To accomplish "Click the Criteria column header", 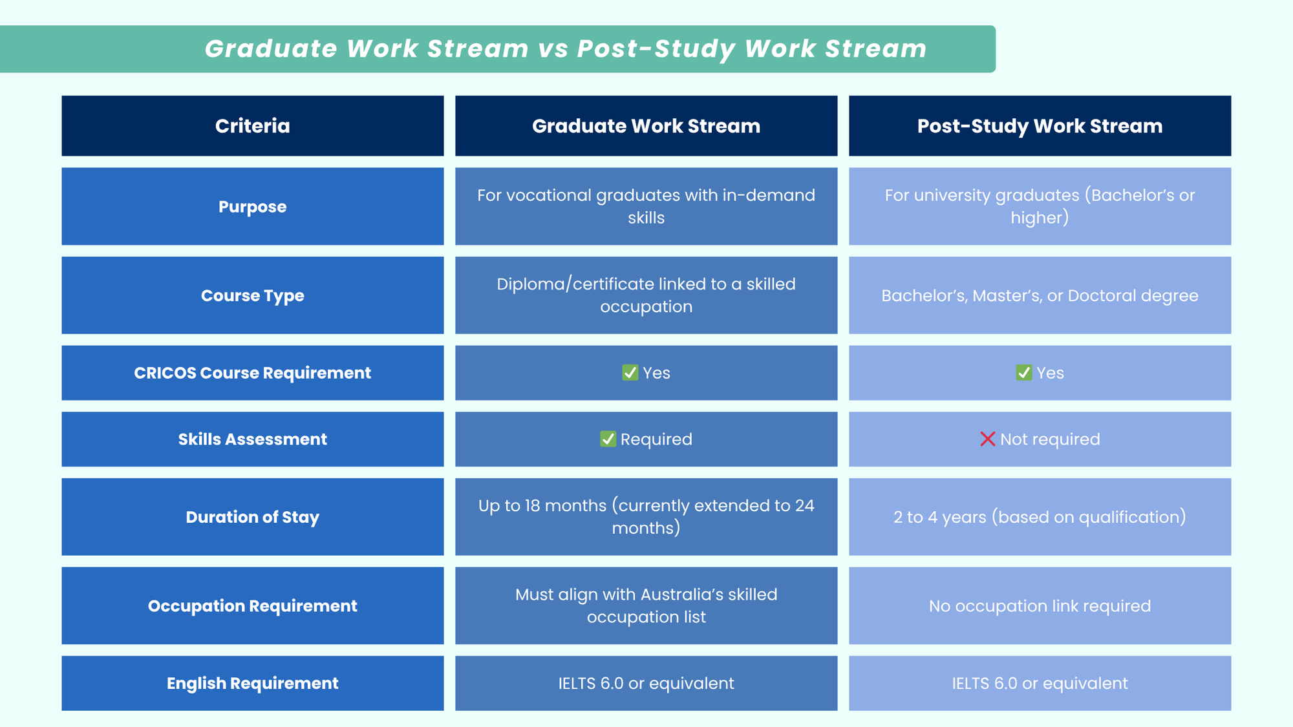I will [252, 126].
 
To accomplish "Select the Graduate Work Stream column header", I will [646, 126].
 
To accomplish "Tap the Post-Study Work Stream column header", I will [1040, 126].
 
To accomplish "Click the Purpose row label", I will [252, 207].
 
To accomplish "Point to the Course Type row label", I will [252, 295].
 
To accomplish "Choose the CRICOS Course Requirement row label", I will [252, 373].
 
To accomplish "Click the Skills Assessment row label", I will [252, 439].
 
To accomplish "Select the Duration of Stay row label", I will [252, 517].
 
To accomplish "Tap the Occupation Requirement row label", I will [252, 606].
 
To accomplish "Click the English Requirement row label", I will [252, 684].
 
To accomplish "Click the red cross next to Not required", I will [987, 439].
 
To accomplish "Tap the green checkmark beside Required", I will [608, 439].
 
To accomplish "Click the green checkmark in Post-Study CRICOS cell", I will [1023, 373].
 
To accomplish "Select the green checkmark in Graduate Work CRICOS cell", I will [630, 373].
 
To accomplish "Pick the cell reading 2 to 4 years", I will [1040, 517].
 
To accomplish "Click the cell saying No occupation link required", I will [1040, 606].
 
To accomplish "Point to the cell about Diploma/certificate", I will [646, 295].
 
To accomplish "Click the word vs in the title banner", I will [553, 49].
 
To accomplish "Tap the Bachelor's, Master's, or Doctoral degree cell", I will [1040, 295].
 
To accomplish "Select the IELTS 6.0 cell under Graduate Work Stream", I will [646, 684].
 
